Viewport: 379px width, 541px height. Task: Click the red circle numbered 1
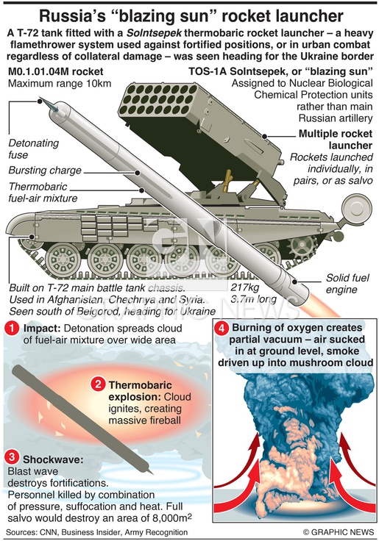12,328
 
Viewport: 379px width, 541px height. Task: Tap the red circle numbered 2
98,384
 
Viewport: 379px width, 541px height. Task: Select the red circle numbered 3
12,457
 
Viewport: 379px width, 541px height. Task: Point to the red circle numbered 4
222,328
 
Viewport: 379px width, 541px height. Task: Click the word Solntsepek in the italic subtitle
154,34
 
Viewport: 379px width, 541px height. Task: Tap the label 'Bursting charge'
45,171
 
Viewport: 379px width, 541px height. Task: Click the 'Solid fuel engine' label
347,284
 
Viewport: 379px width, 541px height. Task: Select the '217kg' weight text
244,287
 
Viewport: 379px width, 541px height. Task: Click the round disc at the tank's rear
356,208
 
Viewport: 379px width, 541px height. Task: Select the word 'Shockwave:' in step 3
53,459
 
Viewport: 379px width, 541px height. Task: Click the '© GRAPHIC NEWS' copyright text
339,532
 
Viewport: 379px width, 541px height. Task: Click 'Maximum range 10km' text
60,84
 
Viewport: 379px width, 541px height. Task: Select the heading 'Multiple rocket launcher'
335,140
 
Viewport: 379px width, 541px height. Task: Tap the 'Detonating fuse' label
34,148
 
